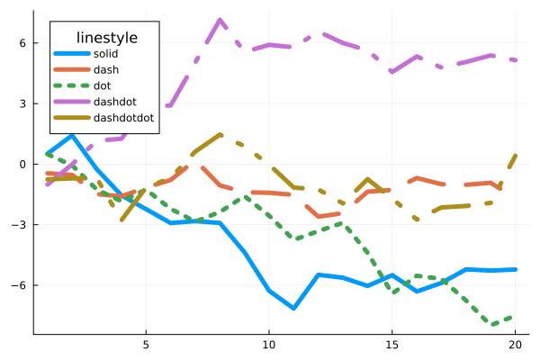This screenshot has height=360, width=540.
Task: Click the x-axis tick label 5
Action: (x=146, y=345)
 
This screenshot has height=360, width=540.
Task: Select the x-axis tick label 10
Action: (x=269, y=345)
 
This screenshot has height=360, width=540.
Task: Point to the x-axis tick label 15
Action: (x=391, y=345)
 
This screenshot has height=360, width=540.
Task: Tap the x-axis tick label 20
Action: (x=515, y=345)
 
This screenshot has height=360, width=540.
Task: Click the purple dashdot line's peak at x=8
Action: (x=220, y=20)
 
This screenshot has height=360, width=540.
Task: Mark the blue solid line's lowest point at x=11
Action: (x=293, y=308)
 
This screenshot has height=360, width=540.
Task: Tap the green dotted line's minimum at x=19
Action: (x=490, y=324)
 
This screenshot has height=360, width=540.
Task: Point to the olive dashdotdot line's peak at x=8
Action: (x=220, y=135)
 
